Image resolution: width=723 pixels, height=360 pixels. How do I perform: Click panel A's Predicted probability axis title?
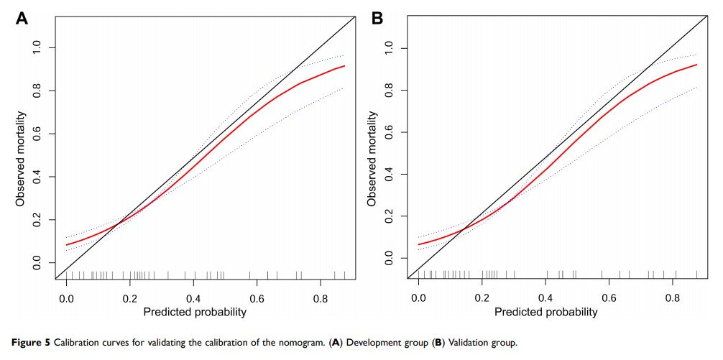point(195,312)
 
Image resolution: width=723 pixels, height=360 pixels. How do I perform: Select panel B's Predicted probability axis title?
point(547,312)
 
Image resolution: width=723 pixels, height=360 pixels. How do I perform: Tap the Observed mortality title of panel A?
point(21,158)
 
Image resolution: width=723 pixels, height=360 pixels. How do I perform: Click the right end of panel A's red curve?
point(344,66)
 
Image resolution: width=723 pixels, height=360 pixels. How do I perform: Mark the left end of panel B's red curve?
point(418,244)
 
